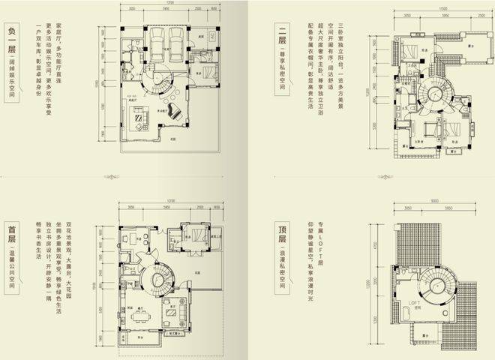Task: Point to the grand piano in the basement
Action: click(x=175, y=112)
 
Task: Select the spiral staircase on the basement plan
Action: click(x=160, y=79)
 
